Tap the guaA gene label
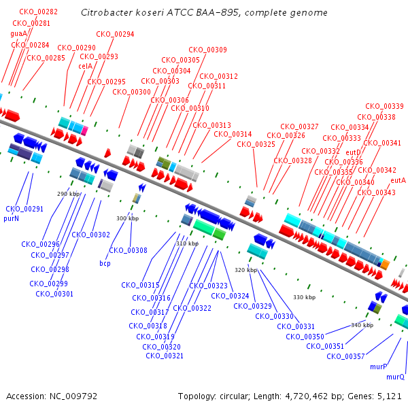click(x=18, y=33)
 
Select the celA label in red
click(x=85, y=66)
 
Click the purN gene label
click(x=12, y=219)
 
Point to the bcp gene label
click(x=105, y=263)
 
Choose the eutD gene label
click(x=353, y=152)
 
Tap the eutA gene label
click(x=398, y=180)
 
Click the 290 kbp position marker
click(x=68, y=194)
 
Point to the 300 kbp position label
click(x=127, y=218)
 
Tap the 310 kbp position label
click(x=187, y=243)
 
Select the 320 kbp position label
click(x=245, y=270)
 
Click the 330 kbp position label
click(x=304, y=297)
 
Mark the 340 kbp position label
click(x=362, y=325)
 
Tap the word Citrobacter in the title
click(x=104, y=13)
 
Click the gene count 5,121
click(x=389, y=396)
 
